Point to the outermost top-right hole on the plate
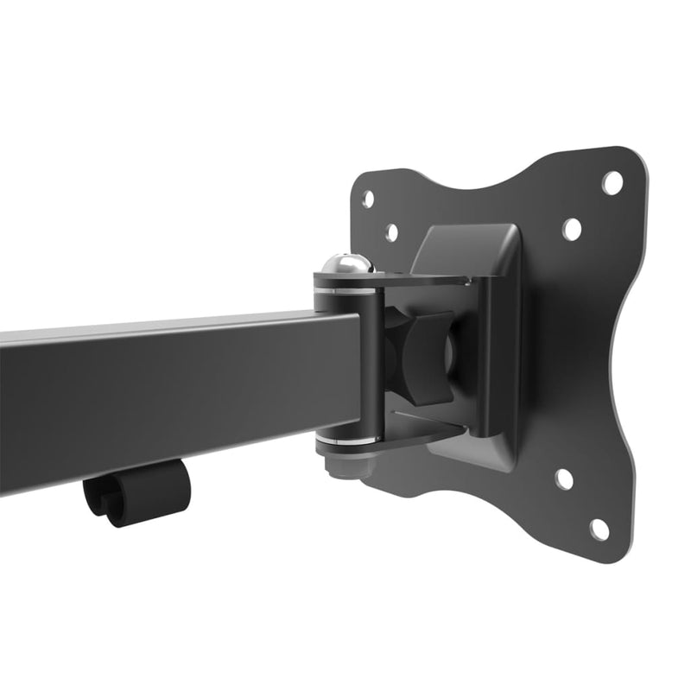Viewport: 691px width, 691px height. tap(612, 183)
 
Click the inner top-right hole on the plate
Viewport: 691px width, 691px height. tap(572, 229)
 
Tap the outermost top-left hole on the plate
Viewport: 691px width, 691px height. tap(368, 199)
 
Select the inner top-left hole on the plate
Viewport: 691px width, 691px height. tap(391, 232)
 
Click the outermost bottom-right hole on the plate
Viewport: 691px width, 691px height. tap(599, 529)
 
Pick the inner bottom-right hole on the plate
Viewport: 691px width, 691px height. tap(563, 479)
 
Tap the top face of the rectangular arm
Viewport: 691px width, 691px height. tap(173, 326)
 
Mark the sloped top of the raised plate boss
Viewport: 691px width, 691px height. tap(466, 242)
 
